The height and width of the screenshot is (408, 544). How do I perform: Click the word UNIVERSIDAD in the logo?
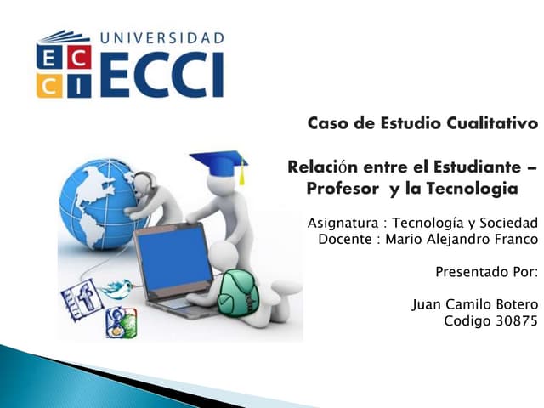[162, 38]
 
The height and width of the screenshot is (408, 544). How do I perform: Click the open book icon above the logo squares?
[63, 37]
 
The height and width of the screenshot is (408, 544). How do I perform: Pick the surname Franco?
[516, 240]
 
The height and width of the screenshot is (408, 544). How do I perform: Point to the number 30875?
[514, 320]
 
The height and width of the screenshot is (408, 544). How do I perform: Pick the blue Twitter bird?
[117, 289]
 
